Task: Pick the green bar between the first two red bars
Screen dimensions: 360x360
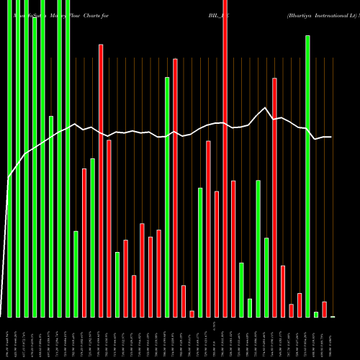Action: tap(92, 238)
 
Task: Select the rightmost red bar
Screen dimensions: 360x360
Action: tap(325, 310)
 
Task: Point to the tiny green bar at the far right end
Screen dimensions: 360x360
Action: tap(333, 316)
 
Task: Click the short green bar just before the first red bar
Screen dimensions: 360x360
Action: tap(76, 274)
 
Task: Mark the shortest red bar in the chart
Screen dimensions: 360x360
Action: tap(192, 313)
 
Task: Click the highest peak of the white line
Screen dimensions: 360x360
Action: tap(266, 108)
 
